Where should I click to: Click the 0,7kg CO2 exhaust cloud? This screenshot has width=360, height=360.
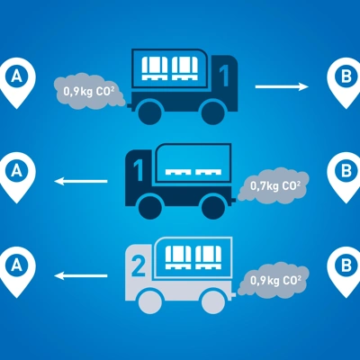[273, 185]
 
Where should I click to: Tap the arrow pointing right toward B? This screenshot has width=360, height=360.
[282, 87]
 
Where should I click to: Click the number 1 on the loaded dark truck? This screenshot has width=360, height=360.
[223, 76]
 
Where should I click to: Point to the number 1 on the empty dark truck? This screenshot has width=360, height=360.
[139, 170]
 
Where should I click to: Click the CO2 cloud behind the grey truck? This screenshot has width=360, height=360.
[273, 280]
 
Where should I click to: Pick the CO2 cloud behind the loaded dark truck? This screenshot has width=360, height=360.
[89, 91]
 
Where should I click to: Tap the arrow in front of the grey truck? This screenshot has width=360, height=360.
[81, 275]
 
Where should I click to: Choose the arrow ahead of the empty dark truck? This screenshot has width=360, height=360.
[81, 181]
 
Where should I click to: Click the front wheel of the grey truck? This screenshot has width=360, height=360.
[150, 301]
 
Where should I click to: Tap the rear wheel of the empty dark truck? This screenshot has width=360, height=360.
[213, 207]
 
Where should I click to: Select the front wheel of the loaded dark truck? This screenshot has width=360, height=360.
[213, 112]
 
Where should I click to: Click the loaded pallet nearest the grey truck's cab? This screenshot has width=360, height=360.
[178, 257]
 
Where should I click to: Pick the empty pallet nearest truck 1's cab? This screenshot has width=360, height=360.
[178, 172]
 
